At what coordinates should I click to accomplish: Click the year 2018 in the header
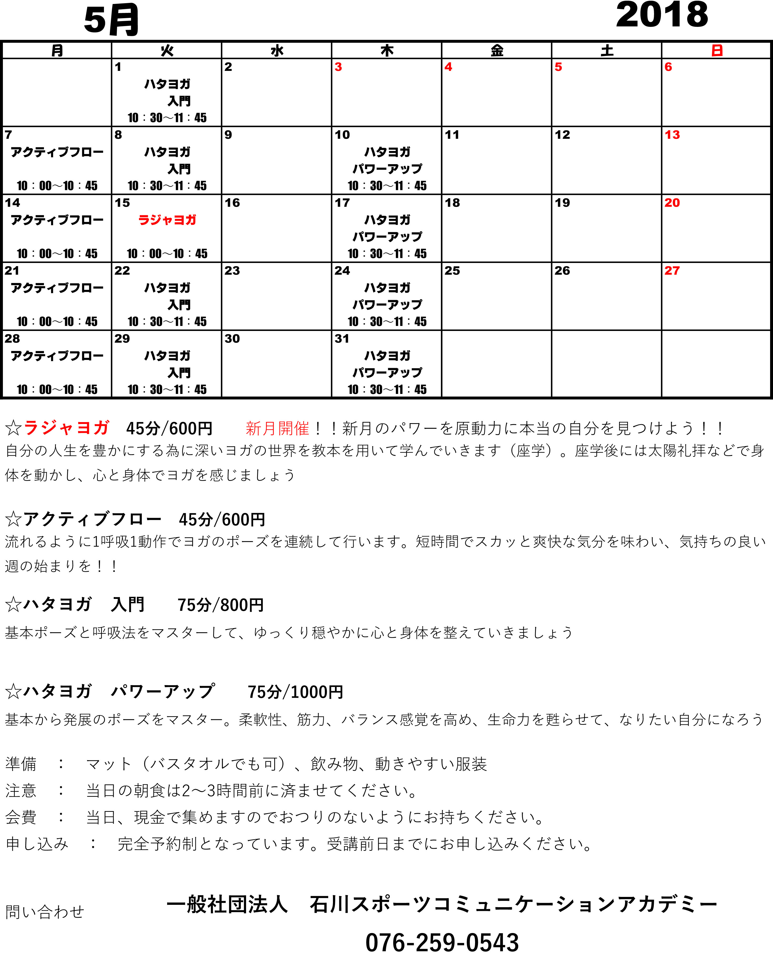(662, 15)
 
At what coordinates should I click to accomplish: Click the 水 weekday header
(277, 50)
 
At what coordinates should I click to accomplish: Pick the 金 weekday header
(497, 50)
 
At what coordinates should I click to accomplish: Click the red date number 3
(338, 67)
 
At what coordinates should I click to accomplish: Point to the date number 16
(232, 203)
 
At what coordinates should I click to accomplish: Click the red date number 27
(672, 271)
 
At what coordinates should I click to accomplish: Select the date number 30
(232, 339)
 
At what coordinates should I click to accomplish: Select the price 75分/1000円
(295, 692)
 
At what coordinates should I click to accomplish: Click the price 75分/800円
(220, 605)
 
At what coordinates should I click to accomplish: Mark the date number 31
(342, 339)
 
